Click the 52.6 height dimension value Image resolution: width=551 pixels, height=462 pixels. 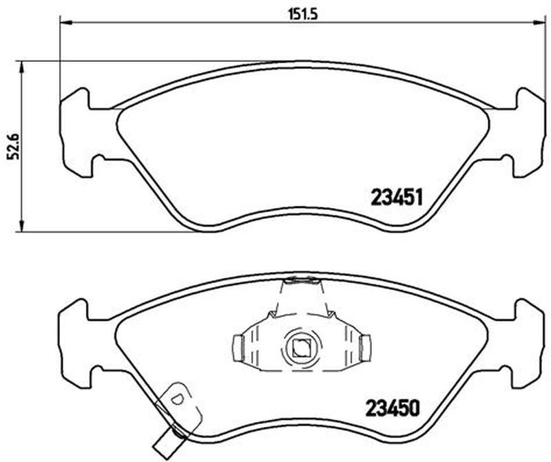pyautogui.click(x=12, y=147)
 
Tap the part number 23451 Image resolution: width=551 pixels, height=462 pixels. pyautogui.click(x=397, y=198)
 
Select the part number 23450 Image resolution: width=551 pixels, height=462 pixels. pyautogui.click(x=393, y=408)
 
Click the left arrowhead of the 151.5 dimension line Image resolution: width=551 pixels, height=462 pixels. pyautogui.click(x=65, y=23)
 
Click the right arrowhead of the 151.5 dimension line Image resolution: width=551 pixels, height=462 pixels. pyautogui.click(x=539, y=23)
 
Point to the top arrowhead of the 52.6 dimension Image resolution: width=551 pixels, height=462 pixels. pyautogui.click(x=22, y=67)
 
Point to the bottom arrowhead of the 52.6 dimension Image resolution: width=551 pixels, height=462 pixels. pyautogui.click(x=22, y=226)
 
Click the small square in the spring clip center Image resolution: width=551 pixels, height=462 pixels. pyautogui.click(x=301, y=348)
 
